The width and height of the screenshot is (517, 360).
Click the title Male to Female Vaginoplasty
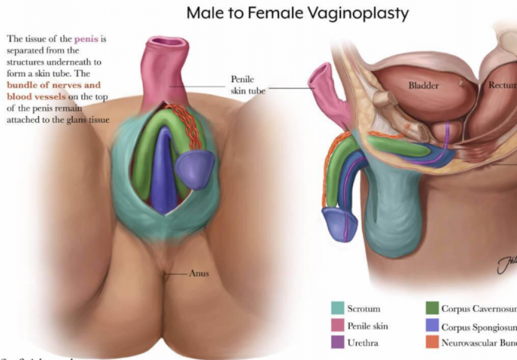click(298, 13)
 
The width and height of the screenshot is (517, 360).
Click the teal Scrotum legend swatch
click(338, 309)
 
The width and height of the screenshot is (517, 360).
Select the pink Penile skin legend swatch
click(338, 326)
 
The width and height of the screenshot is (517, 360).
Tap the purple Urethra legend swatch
click(338, 342)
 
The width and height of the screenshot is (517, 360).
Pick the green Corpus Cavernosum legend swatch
click(432, 309)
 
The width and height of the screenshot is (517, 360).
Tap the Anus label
click(199, 273)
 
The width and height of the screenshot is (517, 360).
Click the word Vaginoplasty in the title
click(358, 13)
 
